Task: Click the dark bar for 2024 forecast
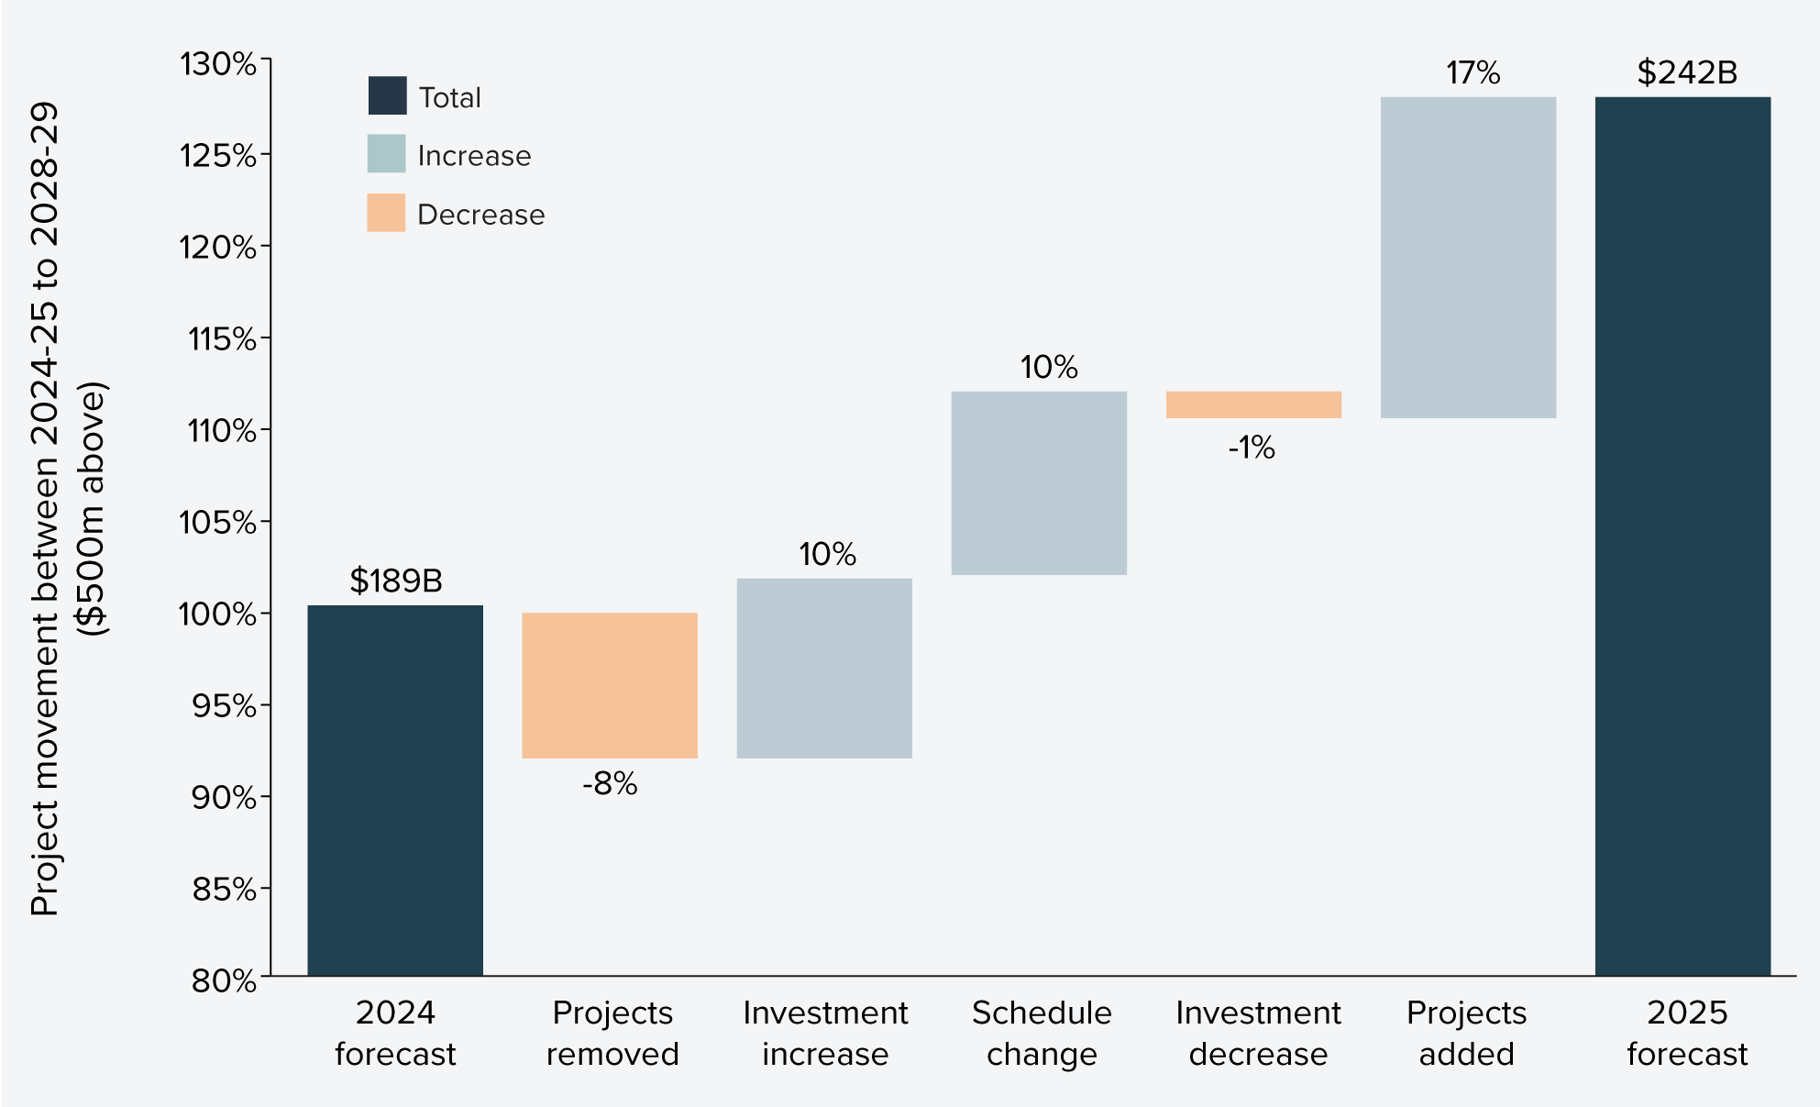394,789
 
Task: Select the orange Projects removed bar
610,685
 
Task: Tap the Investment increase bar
824,668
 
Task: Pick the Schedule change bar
1039,483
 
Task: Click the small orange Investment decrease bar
1253,404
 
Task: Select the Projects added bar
1468,257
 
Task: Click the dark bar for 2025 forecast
1682,536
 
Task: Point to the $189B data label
396,581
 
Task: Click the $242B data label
1687,72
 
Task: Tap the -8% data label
610,784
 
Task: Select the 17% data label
1473,73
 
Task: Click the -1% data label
1252,448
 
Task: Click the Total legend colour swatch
387,95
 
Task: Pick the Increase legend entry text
474,156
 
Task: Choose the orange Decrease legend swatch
386,213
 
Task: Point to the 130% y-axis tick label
217,64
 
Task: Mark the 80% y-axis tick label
224,980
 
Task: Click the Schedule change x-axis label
1042,1033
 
